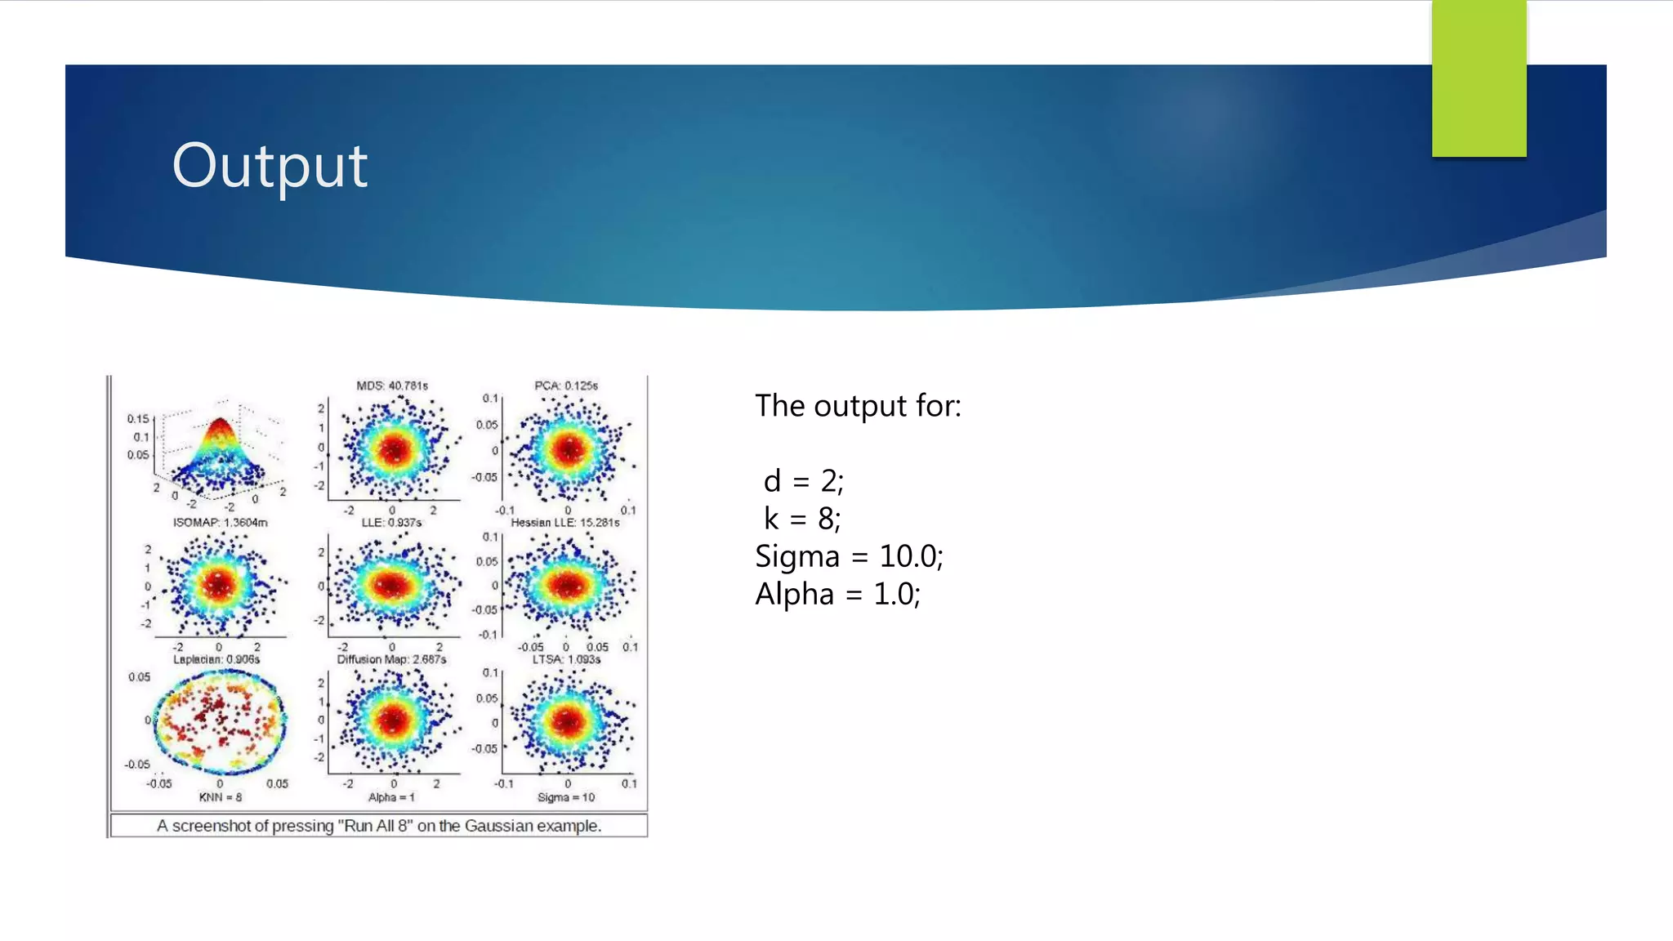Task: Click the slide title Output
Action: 270,166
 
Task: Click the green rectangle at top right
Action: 1479,78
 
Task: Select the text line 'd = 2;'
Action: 803,481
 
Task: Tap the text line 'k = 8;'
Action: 801,519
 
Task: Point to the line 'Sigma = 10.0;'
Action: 849,556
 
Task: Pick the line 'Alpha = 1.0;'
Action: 837,594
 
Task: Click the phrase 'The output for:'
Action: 858,406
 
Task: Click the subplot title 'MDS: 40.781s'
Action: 392,386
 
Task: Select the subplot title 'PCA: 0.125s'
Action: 566,386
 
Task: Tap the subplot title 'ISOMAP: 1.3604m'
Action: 220,522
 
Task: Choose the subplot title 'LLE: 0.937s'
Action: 391,522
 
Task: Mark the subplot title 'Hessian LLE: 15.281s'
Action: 565,522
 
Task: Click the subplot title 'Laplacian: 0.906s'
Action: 216,659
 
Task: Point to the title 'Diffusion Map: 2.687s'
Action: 391,659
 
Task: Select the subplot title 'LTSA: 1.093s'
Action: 566,659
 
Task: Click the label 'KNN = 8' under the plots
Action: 221,796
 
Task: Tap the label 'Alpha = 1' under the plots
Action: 391,796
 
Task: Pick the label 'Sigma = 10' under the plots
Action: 566,796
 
